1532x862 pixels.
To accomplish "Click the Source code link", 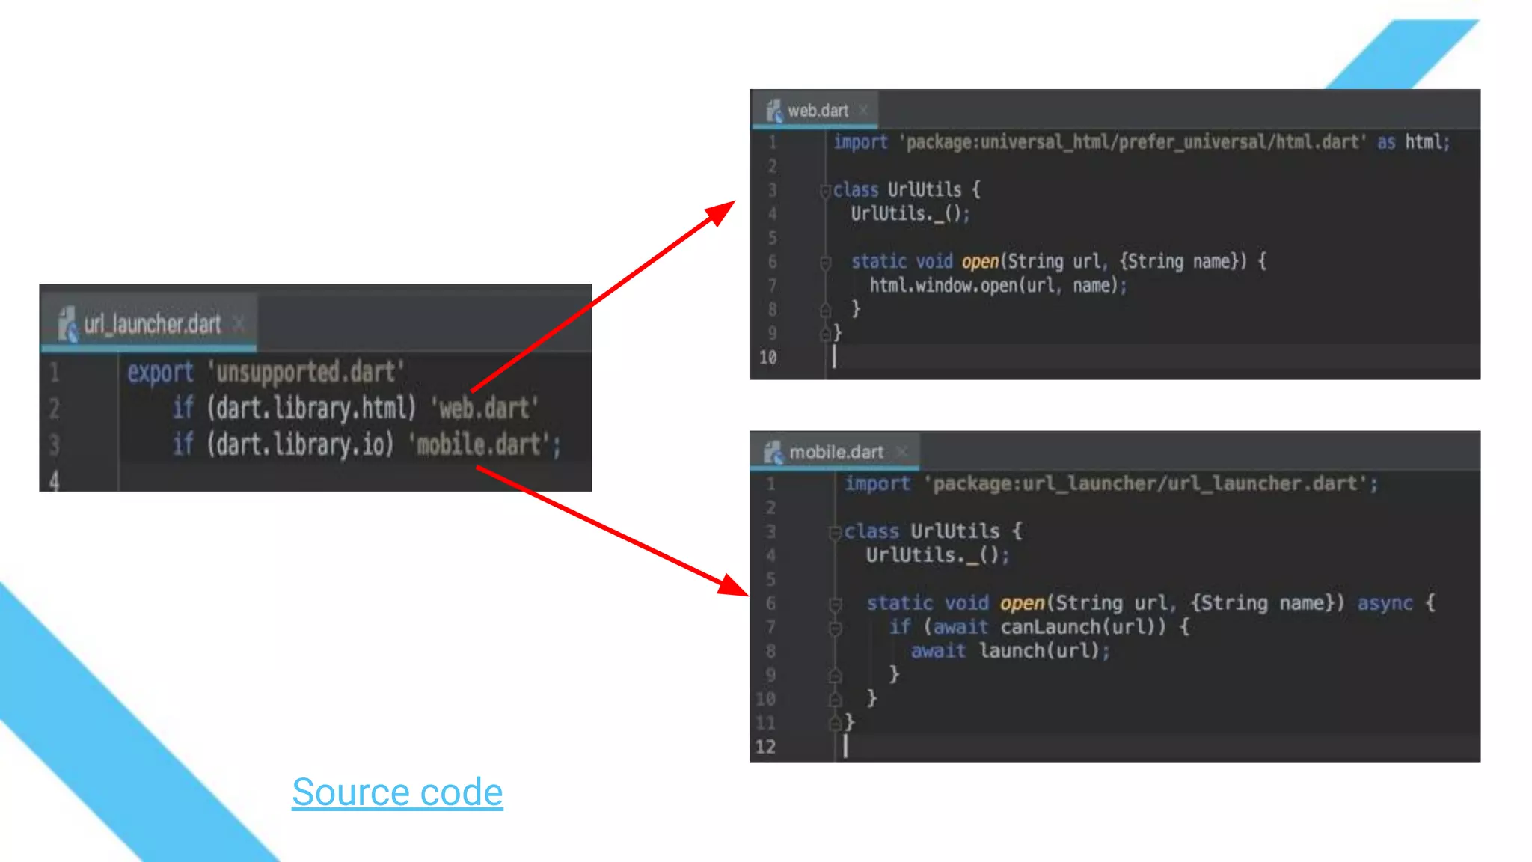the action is point(397,792).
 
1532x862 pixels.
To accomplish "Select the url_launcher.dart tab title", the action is point(152,324).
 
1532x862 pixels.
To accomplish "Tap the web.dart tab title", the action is point(818,111).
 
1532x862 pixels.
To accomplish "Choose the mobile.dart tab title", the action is point(836,452).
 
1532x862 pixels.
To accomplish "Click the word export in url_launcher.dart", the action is point(160,372).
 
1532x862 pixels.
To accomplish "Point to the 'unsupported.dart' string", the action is point(306,371).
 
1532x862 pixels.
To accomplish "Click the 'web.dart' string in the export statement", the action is point(485,408).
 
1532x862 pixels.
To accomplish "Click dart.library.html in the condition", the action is point(311,408).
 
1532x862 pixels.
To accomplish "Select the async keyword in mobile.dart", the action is point(1385,603).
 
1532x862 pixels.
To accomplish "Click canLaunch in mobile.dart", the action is point(1050,627).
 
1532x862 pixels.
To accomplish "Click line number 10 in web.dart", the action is point(767,358).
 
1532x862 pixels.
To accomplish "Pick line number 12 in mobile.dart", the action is point(765,747).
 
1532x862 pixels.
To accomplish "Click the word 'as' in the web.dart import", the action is point(1386,142).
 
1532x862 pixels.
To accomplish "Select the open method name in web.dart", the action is point(980,261).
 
